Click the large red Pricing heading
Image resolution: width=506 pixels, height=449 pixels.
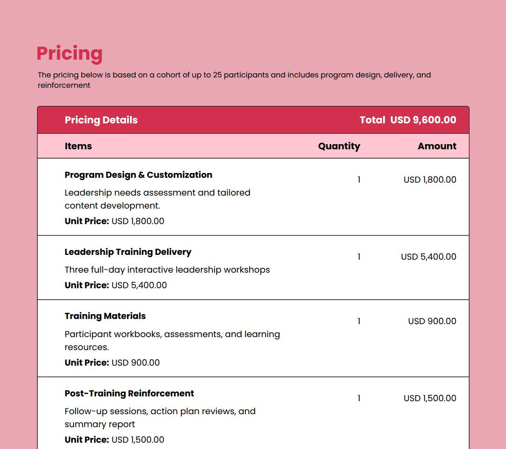69,53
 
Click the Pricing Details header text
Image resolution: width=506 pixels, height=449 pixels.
101,120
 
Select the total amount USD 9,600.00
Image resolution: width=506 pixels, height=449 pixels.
423,120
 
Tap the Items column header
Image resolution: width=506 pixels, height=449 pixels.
78,146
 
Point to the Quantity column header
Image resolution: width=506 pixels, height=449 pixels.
339,146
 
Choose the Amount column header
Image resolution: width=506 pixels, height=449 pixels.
437,146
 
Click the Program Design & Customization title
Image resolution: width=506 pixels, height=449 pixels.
138,175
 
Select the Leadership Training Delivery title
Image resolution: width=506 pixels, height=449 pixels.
128,252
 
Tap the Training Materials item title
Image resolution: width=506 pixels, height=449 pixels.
105,316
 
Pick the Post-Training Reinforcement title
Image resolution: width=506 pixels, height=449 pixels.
129,393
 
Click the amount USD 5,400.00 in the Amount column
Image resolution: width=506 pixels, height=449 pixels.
429,257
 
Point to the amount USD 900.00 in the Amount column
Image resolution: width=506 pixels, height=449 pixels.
432,321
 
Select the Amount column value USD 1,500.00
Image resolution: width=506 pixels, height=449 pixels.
430,398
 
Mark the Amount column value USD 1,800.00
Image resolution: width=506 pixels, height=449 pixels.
430,180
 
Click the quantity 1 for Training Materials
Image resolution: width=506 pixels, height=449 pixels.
359,321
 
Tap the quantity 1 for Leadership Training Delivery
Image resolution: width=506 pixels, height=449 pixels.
359,257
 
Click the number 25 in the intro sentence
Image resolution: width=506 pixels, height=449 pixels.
217,75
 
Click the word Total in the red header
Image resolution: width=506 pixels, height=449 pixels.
372,120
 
